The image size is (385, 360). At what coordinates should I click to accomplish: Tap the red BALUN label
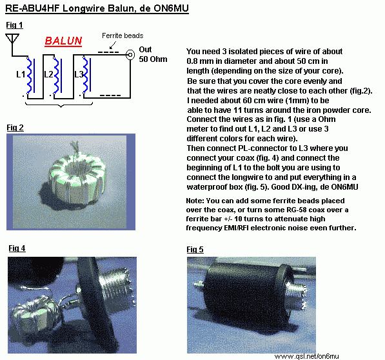click(63, 41)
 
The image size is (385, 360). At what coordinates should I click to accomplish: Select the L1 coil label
click(21, 74)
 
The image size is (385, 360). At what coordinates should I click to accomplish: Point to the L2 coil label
click(48, 74)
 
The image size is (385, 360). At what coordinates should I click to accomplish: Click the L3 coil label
click(79, 74)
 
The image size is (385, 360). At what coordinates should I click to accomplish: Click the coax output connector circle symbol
click(130, 54)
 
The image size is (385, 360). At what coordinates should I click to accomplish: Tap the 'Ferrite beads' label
click(123, 35)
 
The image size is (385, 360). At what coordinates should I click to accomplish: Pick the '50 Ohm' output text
click(153, 59)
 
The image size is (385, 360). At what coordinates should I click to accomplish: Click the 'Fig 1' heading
click(14, 25)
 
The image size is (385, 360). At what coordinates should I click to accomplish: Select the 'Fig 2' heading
click(15, 128)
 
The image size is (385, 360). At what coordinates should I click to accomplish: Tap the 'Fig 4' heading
click(17, 248)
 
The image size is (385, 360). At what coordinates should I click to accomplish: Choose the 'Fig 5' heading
click(195, 250)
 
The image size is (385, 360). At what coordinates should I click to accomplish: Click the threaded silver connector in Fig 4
click(115, 286)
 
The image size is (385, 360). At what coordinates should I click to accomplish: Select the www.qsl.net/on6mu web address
click(307, 356)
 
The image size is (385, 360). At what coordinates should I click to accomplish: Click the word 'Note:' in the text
click(195, 201)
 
